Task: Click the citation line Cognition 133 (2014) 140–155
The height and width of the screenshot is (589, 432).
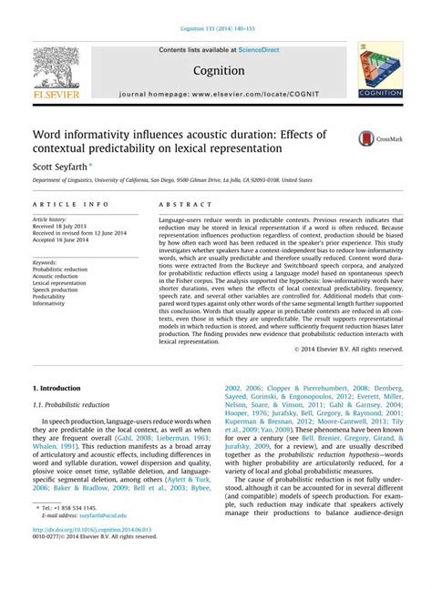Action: coord(216,27)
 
